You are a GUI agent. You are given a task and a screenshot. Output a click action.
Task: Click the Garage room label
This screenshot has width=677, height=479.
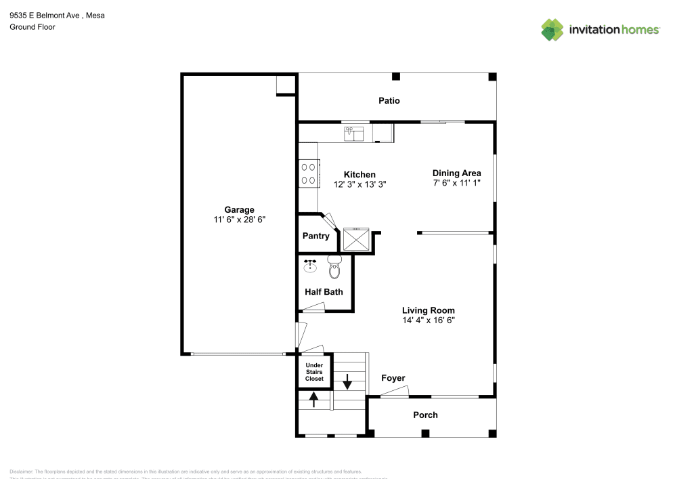[x=240, y=209]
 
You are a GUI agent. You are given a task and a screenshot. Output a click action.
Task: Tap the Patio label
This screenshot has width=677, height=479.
[x=389, y=101]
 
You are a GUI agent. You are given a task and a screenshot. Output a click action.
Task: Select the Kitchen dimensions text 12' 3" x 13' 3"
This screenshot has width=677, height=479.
[x=359, y=184]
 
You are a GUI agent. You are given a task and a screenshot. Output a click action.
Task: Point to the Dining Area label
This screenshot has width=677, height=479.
[x=456, y=173]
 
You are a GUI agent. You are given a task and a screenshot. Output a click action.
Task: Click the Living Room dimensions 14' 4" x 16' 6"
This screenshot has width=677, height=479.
[x=428, y=320]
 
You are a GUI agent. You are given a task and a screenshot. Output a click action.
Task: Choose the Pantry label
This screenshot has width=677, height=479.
[x=315, y=236]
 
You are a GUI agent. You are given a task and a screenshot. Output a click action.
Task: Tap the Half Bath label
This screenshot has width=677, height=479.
[x=324, y=292]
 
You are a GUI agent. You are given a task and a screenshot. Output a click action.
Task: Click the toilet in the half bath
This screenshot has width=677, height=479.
[x=334, y=268]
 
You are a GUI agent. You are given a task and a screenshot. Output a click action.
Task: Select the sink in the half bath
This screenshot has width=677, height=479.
[x=311, y=265]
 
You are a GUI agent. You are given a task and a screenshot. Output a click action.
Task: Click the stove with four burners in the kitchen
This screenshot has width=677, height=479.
[x=309, y=173]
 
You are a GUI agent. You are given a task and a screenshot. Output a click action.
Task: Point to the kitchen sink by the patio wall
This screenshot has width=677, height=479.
[x=353, y=133]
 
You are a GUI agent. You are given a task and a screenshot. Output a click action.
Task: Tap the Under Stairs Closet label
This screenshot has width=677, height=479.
[x=314, y=372]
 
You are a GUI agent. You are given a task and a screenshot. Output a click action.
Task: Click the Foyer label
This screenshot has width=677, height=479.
[x=393, y=378]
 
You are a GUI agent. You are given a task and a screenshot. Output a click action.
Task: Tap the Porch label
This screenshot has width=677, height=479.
[x=425, y=415]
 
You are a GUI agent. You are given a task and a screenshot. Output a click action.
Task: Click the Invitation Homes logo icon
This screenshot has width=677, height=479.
[x=552, y=29]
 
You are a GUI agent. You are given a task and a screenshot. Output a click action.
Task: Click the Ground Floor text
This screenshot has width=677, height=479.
[x=32, y=27]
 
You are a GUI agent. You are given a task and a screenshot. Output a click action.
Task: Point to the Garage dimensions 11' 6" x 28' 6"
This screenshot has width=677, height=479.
[x=240, y=220]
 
